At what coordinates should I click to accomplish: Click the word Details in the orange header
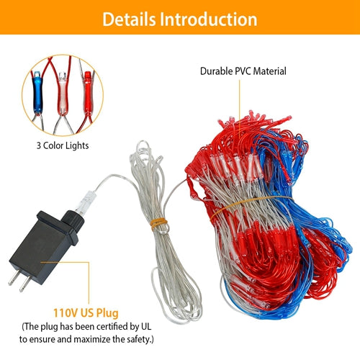pyautogui.click(x=129, y=19)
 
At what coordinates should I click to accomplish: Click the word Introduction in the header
pyautogui.click(x=209, y=19)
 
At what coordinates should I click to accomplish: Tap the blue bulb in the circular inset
pyautogui.click(x=37, y=92)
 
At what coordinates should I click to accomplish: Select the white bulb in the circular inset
pyautogui.click(x=63, y=93)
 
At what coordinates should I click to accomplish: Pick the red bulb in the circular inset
pyautogui.click(x=87, y=92)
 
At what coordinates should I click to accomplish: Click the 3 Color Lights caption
pyautogui.click(x=63, y=145)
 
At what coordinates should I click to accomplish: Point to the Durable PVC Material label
pyautogui.click(x=243, y=71)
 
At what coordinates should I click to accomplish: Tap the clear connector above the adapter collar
pyautogui.click(x=84, y=202)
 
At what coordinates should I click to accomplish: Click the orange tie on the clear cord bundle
pyautogui.click(x=158, y=224)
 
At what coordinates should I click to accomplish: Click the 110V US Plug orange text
pyautogui.click(x=86, y=313)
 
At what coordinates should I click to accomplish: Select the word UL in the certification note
pyautogui.click(x=145, y=326)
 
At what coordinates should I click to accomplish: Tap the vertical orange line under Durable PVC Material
pyautogui.click(x=240, y=109)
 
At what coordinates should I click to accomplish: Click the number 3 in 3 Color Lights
pyautogui.click(x=39, y=145)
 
